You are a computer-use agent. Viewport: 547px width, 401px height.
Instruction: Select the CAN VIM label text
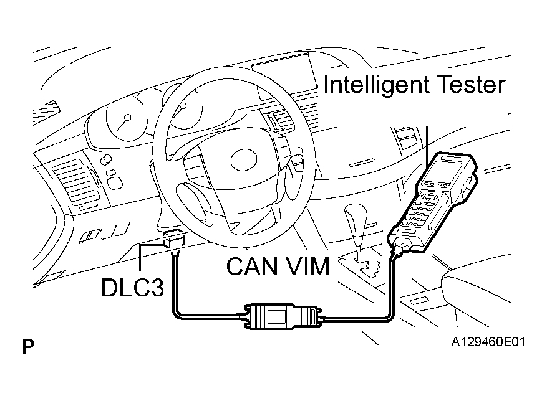click(277, 267)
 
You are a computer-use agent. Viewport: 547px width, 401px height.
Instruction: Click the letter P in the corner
click(28, 347)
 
